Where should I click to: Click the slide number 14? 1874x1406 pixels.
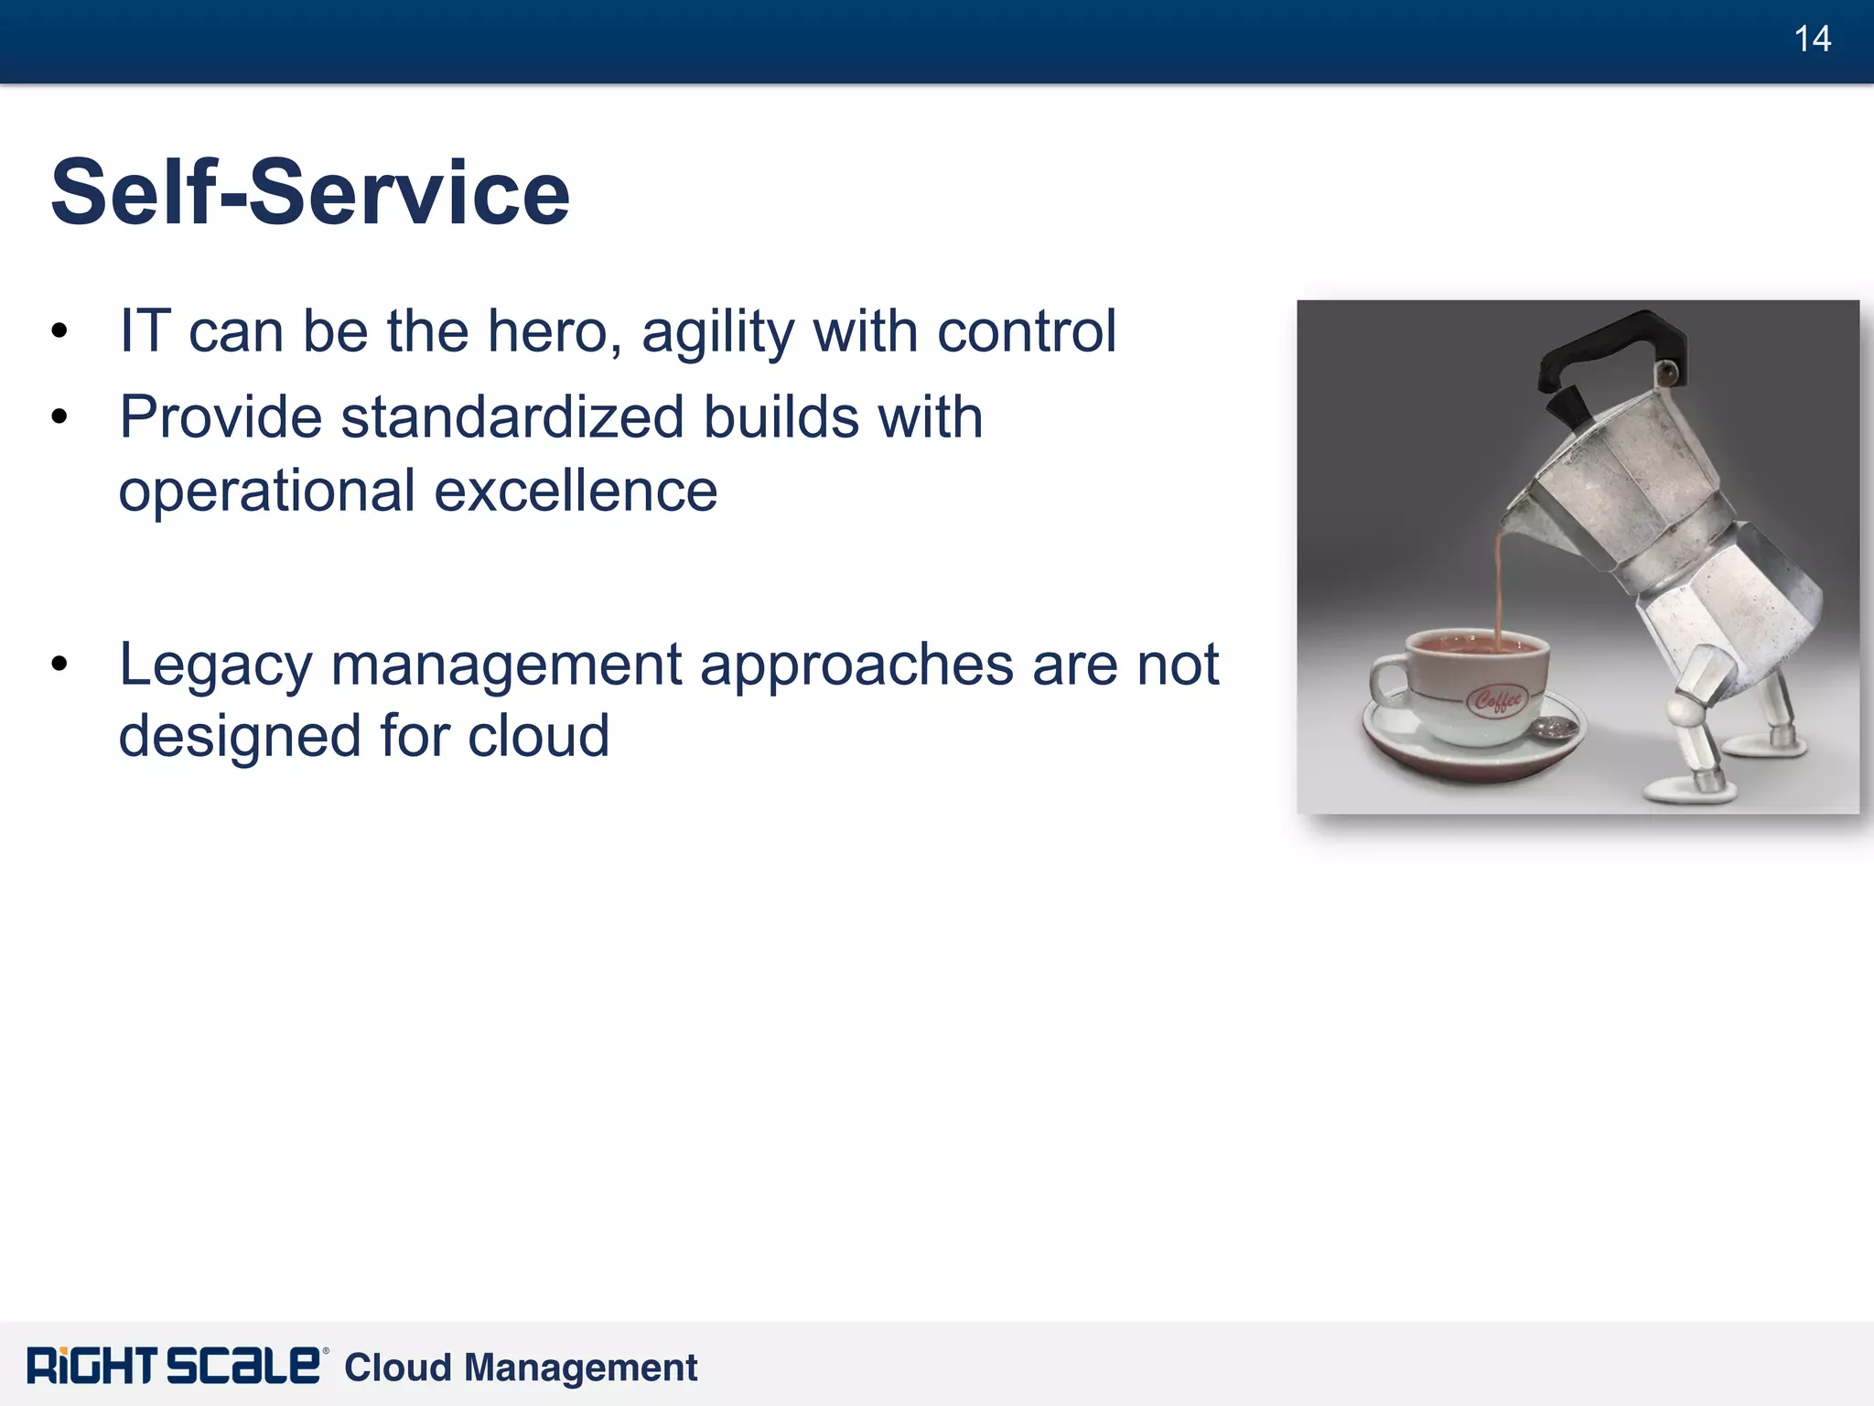click(x=1812, y=39)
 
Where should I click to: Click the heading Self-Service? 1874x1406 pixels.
click(x=310, y=192)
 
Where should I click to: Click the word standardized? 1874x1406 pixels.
click(x=512, y=418)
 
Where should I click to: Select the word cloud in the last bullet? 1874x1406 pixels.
click(x=538, y=736)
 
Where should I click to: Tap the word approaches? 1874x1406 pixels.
click(x=856, y=665)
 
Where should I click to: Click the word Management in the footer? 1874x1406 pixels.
click(x=581, y=1368)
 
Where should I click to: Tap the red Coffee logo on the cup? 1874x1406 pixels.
click(x=1497, y=700)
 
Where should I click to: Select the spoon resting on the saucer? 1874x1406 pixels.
click(x=1556, y=729)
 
